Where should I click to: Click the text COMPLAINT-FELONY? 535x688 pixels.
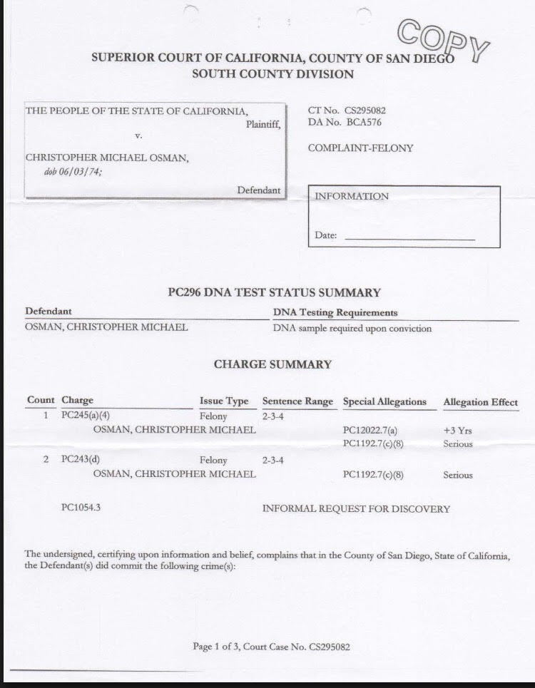pyautogui.click(x=360, y=148)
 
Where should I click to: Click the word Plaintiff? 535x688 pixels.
pyautogui.click(x=263, y=124)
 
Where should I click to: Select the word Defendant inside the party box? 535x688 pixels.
pyautogui.click(x=258, y=190)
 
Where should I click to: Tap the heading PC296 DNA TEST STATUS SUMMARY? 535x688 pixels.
pyautogui.click(x=273, y=292)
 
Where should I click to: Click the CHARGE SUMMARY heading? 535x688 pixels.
pyautogui.click(x=272, y=364)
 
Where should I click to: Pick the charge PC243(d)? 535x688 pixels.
pyautogui.click(x=81, y=460)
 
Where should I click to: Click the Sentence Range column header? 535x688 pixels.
pyautogui.click(x=297, y=401)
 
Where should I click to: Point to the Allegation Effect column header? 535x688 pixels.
pyautogui.click(x=480, y=402)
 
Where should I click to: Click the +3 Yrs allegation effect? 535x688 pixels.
pyautogui.click(x=457, y=431)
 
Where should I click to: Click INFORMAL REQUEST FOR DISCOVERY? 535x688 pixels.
pyautogui.click(x=356, y=509)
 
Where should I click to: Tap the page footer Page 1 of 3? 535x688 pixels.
pyautogui.click(x=271, y=647)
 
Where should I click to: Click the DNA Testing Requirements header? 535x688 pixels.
pyautogui.click(x=335, y=312)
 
